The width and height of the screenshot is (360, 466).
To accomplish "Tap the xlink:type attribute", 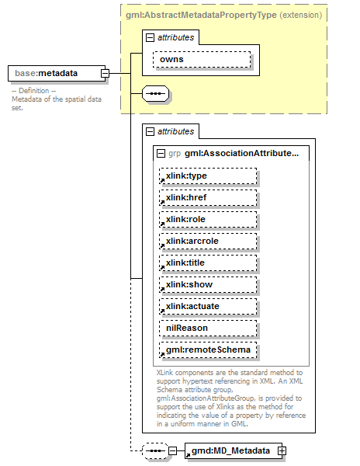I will (x=207, y=176).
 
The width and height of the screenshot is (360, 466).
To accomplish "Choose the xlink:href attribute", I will (x=207, y=197).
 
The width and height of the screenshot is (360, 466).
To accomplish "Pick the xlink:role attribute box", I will (x=207, y=219).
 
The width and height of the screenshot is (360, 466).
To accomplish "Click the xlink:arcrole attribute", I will (x=207, y=241).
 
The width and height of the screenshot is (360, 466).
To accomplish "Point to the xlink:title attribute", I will (x=207, y=263).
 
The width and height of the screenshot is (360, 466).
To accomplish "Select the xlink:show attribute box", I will (x=207, y=284).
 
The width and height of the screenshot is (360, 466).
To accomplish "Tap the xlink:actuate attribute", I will (x=207, y=306).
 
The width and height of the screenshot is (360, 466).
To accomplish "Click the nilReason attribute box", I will (x=207, y=328).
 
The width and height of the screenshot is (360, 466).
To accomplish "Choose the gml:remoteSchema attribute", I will (x=207, y=349).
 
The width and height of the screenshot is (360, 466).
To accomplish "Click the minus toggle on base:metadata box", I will (x=105, y=74).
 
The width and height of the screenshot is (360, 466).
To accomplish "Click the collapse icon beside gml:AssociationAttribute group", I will (x=161, y=153).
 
